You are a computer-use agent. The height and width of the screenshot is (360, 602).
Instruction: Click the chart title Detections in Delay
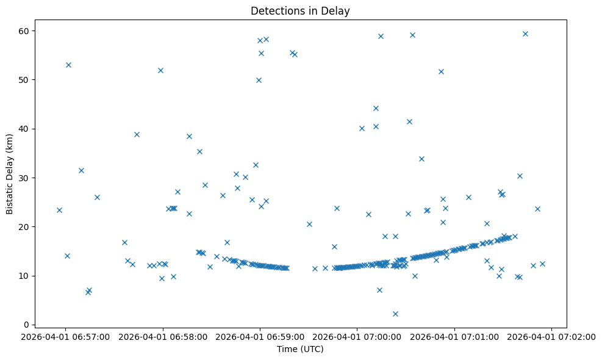click(x=300, y=10)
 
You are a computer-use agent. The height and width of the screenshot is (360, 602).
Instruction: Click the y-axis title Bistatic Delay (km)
click(x=10, y=173)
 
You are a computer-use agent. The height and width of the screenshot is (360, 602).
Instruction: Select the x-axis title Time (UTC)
click(x=300, y=350)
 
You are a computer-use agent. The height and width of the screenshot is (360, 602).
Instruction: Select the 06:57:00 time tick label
click(x=65, y=337)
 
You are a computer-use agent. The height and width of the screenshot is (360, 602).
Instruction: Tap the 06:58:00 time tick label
click(x=163, y=337)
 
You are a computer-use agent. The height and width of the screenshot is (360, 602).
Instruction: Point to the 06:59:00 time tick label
click(x=260, y=337)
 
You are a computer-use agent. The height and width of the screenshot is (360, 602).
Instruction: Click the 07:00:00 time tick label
click(x=357, y=337)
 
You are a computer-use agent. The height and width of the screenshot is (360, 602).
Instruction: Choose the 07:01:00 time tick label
click(x=454, y=337)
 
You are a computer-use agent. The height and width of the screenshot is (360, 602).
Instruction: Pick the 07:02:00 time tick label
click(x=552, y=337)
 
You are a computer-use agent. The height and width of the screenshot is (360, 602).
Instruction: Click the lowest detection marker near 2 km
click(x=395, y=314)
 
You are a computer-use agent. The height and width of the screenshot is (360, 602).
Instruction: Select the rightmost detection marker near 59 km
click(x=525, y=34)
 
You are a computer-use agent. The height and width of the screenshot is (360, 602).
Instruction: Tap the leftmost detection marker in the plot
click(x=59, y=210)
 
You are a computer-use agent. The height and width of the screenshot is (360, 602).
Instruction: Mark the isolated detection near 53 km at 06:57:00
click(x=68, y=65)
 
